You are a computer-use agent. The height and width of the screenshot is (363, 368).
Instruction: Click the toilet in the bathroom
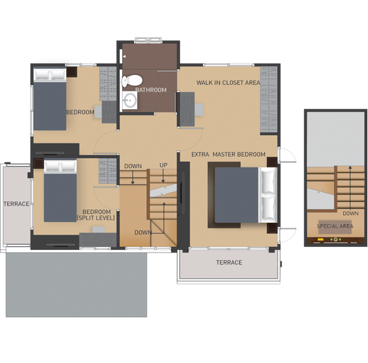(x=132, y=81)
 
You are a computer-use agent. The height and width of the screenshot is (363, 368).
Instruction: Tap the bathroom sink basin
(x=130, y=100)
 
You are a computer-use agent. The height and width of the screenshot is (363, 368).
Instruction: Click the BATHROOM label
(x=151, y=90)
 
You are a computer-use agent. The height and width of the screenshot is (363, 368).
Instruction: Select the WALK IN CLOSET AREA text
(x=228, y=82)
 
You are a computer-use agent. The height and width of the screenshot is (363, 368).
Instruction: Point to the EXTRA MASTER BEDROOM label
(x=228, y=154)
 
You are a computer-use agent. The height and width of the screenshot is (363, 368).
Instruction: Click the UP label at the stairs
(x=163, y=165)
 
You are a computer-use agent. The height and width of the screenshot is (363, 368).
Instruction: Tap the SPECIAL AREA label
(x=335, y=226)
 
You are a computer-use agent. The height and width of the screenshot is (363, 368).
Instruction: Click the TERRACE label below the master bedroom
(x=229, y=263)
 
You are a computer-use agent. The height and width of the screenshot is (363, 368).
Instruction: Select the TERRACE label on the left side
(x=17, y=204)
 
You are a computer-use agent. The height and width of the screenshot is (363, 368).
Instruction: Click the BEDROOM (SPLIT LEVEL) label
(x=96, y=215)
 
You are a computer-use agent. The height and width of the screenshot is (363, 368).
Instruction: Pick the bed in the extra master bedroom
(x=246, y=195)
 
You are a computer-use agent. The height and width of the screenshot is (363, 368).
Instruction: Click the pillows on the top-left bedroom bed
(x=50, y=75)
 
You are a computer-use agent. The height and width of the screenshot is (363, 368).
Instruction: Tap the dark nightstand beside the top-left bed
(x=72, y=72)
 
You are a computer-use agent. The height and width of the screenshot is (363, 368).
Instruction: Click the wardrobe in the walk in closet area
(x=269, y=100)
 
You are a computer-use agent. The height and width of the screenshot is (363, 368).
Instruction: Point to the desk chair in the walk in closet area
(x=199, y=110)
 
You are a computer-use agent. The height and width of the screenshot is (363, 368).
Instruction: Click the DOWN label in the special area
(x=351, y=213)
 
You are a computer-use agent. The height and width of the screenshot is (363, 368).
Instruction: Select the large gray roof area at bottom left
(x=76, y=284)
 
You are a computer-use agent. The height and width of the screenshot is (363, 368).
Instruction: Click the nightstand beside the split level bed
(x=39, y=164)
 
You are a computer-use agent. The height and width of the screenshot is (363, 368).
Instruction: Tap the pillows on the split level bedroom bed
(x=60, y=166)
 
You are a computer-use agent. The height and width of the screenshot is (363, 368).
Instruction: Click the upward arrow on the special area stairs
(x=350, y=187)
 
